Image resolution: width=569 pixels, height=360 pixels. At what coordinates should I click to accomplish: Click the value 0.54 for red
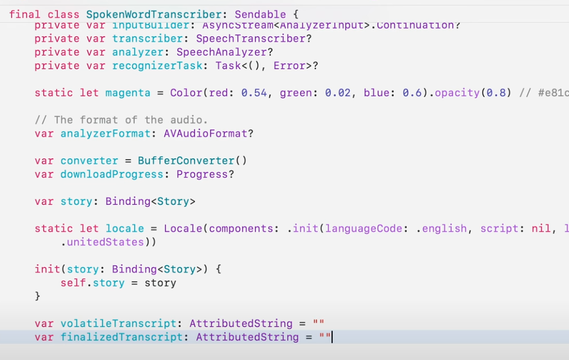pyautogui.click(x=254, y=92)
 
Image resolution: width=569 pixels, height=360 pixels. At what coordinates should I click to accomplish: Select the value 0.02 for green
pyautogui.click(x=338, y=92)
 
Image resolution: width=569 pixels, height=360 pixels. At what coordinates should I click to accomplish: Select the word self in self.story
pyautogui.click(x=73, y=282)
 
